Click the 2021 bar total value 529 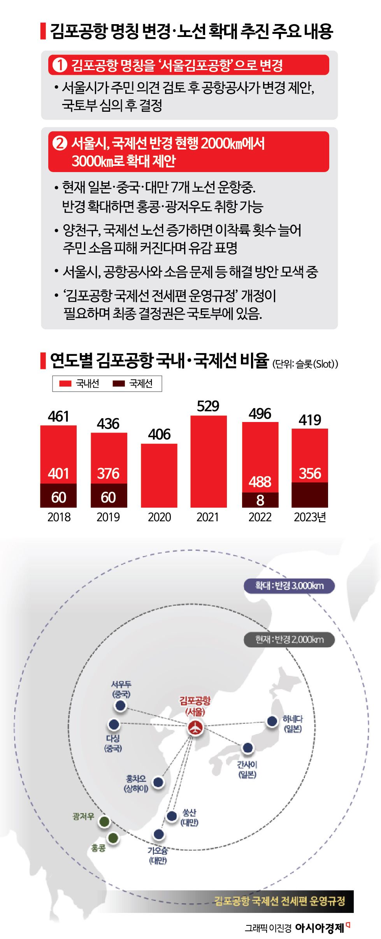click(208, 406)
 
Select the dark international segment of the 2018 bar click(58, 496)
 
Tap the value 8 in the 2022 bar click(260, 500)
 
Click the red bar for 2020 click(159, 475)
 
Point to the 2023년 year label click(310, 517)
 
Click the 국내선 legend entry click(80, 383)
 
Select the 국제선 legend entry click(133, 383)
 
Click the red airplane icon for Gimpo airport click(195, 727)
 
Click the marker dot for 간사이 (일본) click(248, 747)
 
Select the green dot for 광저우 click(104, 821)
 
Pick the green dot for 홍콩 click(113, 838)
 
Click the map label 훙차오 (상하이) click(136, 783)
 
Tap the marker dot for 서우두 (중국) click(121, 705)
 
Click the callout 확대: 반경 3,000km click(289, 586)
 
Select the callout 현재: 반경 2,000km click(289, 640)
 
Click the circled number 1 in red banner click(60, 65)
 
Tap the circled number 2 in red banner click(60, 144)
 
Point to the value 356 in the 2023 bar click(310, 474)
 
